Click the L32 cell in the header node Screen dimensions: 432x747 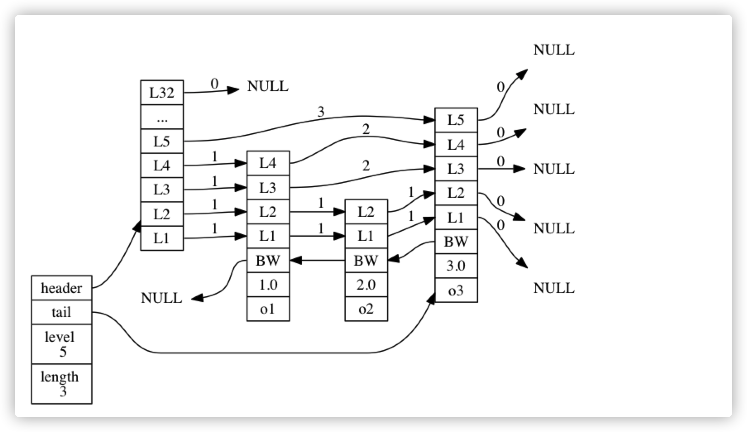point(162,92)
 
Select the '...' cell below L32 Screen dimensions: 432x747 point(162,117)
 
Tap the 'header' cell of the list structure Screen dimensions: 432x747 point(62,288)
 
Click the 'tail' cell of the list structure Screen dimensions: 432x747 point(62,312)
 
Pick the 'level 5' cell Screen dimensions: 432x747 point(62,344)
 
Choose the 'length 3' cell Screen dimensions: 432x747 point(62,384)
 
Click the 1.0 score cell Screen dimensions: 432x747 point(268,285)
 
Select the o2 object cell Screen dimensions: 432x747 point(366,309)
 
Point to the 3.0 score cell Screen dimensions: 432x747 point(456,266)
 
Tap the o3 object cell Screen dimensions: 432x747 point(456,290)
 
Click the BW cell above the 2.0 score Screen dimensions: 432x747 point(366,261)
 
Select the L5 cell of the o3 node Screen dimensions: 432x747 point(456,120)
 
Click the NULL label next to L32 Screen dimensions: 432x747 point(268,86)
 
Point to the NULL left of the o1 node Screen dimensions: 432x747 point(161,298)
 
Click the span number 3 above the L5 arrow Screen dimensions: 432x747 point(321,112)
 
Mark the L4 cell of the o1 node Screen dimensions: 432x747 point(268,163)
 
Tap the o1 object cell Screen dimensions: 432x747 point(268,309)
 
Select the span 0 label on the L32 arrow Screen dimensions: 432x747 point(214,84)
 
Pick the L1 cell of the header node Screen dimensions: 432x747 point(162,238)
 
